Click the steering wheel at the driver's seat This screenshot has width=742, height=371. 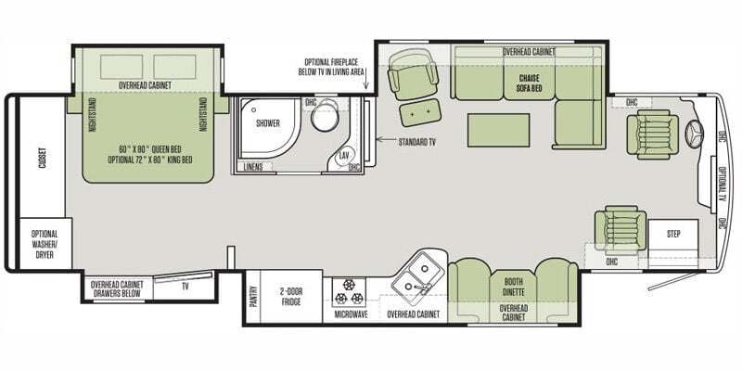click(x=694, y=133)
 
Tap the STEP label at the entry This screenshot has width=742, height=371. click(x=673, y=235)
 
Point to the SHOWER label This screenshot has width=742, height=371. click(x=268, y=123)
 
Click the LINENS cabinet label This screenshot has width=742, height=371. click(x=253, y=167)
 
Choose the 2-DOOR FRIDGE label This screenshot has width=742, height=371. click(x=291, y=297)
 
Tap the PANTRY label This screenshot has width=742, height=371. click(x=253, y=297)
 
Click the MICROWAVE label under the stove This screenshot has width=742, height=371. click(x=351, y=314)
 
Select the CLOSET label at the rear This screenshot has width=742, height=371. click(x=43, y=158)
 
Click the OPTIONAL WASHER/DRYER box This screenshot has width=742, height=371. click(x=45, y=244)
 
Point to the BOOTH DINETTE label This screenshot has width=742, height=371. click(x=514, y=287)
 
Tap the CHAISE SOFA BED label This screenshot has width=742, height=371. click(x=530, y=83)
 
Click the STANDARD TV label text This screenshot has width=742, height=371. click(x=416, y=141)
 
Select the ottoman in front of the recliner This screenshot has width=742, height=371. click(x=420, y=112)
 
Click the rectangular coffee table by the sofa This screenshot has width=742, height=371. click(x=498, y=130)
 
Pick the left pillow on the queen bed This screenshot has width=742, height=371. click(x=122, y=67)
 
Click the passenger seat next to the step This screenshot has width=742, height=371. click(x=620, y=229)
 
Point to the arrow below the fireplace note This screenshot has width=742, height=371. click(x=365, y=83)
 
